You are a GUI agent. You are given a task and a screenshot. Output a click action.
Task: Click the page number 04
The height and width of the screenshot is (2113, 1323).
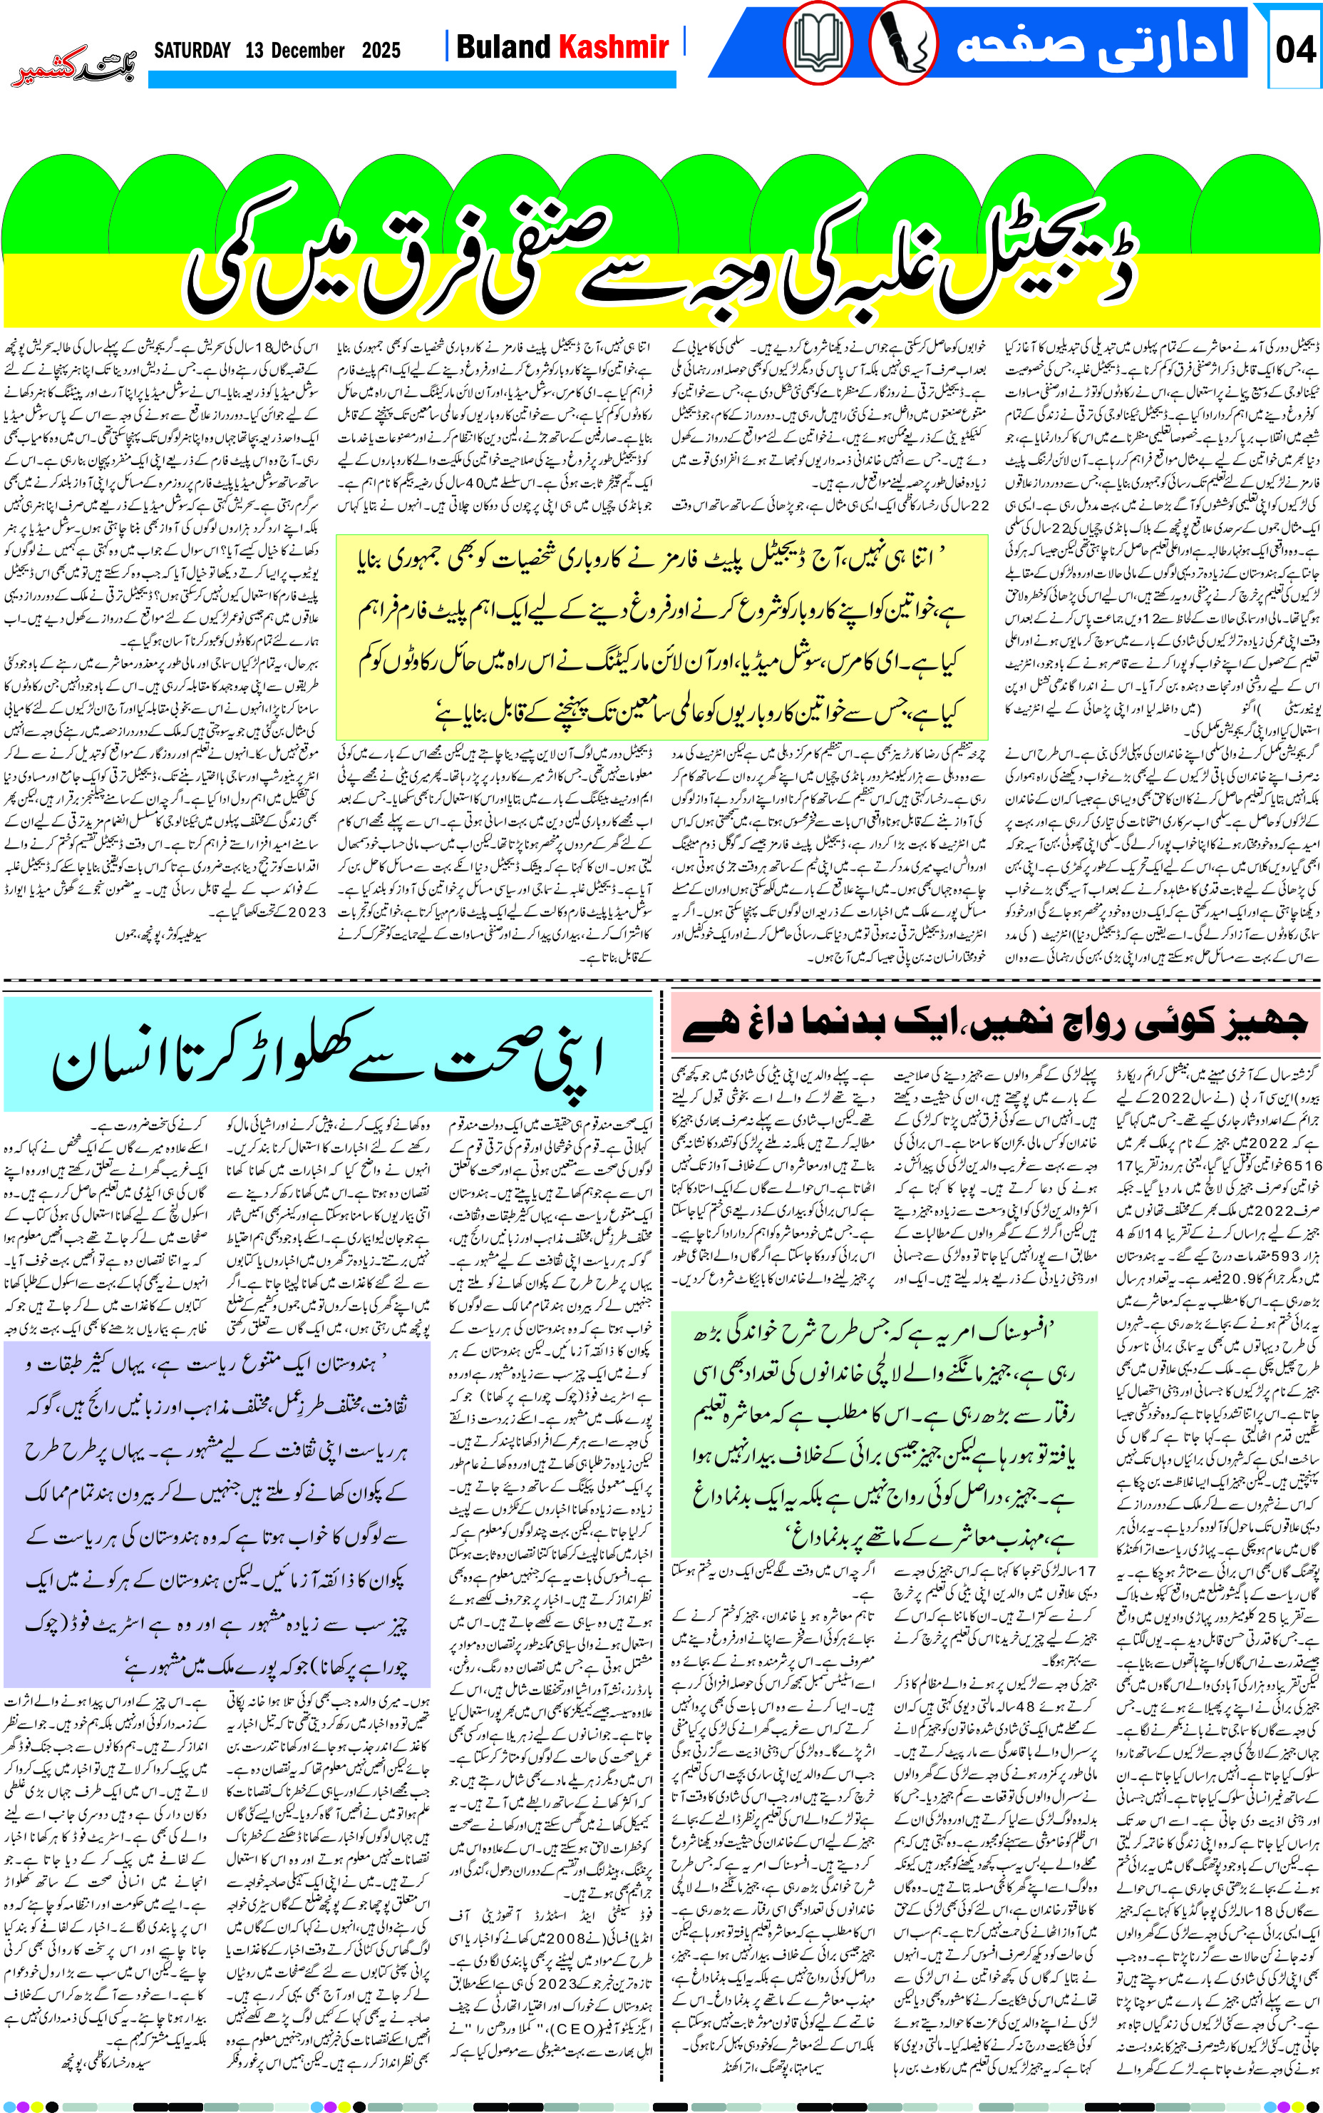1295,48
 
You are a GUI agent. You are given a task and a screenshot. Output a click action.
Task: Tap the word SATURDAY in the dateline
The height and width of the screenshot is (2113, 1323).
192,50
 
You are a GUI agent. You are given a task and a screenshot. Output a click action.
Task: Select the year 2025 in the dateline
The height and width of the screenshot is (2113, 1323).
381,50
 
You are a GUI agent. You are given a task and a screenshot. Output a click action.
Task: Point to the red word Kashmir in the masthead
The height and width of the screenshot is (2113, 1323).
613,46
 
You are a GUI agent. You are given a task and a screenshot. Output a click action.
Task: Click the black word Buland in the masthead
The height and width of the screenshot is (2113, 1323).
503,46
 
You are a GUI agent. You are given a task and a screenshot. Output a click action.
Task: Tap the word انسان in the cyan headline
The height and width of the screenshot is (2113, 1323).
114,1063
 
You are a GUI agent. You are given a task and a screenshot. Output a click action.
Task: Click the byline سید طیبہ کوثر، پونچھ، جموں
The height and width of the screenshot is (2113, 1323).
161,936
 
